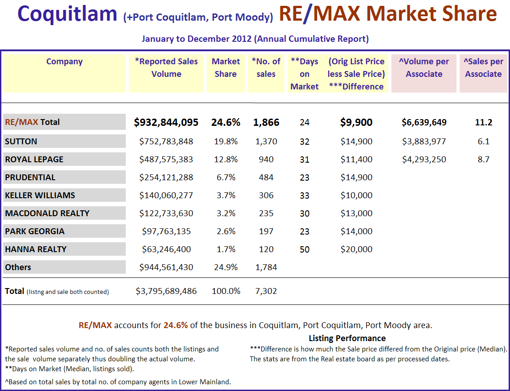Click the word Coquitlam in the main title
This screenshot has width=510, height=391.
pos(67,14)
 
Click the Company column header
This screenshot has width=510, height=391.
pos(64,62)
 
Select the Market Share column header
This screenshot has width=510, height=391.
pos(226,68)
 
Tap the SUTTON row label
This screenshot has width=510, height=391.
pos(21,142)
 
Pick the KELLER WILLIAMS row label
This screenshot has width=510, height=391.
pos(40,195)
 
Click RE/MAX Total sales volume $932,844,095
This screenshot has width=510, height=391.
pos(166,122)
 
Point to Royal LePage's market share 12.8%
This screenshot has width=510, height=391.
pos(226,160)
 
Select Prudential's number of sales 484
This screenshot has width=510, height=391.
pos(266,178)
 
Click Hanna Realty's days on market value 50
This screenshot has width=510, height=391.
pos(304,249)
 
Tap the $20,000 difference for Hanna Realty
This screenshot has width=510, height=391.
pos(356,249)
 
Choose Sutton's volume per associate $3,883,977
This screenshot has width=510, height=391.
pos(424,142)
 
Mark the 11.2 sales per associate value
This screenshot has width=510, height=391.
pos(483,122)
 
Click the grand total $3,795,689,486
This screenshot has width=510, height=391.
pos(166,291)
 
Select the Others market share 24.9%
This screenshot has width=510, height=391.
pos(226,267)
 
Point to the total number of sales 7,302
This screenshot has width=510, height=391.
pos(266,291)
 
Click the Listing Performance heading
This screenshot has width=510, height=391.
pos(347,338)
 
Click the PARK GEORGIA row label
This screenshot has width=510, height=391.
pos(35,231)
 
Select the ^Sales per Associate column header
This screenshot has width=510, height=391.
pos(483,68)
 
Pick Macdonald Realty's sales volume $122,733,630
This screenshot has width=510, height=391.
pos(166,213)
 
